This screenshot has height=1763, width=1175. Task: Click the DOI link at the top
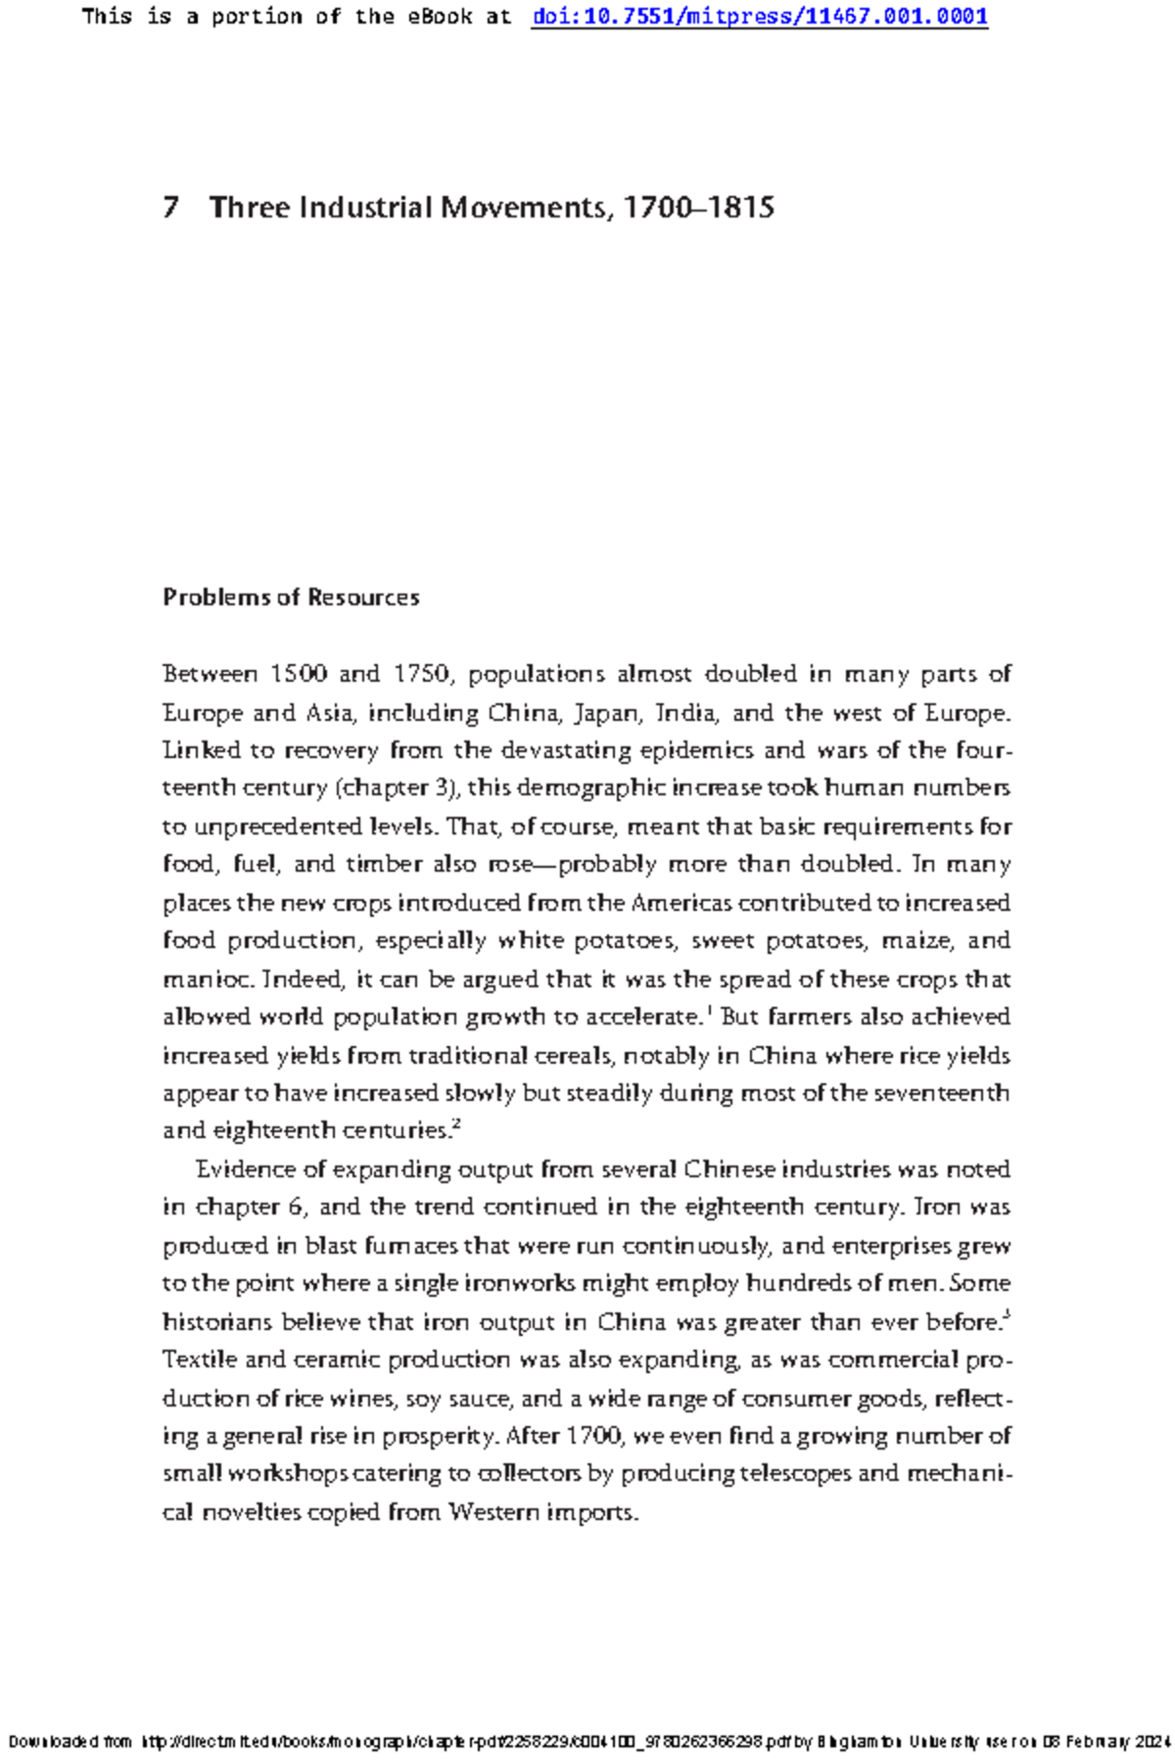tap(759, 17)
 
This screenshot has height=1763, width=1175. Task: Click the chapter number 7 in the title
tap(170, 208)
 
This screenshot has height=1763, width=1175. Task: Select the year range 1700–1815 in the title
tap(699, 208)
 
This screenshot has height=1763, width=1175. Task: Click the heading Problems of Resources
tap(291, 597)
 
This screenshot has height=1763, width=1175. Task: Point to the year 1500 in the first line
tap(298, 674)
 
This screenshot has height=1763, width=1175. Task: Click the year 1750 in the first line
tap(422, 674)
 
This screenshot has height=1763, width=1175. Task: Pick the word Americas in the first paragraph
tap(681, 902)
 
